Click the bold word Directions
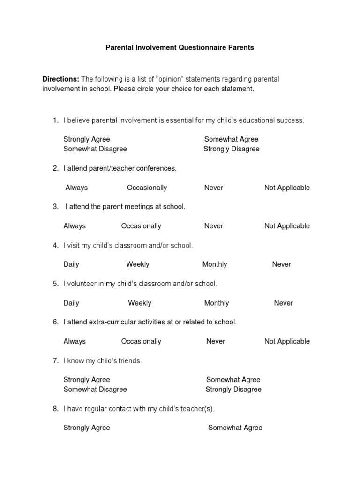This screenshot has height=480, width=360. [60, 79]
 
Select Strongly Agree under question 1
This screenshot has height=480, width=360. [87, 139]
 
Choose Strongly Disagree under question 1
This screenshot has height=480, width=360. [231, 149]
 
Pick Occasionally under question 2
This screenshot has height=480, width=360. [147, 187]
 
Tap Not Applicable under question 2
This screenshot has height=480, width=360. [287, 187]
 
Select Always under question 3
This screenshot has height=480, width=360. [75, 226]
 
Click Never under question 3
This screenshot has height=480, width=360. [213, 226]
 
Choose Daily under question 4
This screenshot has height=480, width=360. [71, 264]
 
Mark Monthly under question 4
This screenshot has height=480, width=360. [215, 264]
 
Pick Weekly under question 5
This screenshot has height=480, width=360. [140, 303]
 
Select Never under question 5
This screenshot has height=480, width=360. [283, 303]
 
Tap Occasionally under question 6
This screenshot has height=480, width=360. [141, 341]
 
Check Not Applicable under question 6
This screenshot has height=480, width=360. [287, 341]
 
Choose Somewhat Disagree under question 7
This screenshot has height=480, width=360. [95, 390]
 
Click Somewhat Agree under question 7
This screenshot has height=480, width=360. [233, 380]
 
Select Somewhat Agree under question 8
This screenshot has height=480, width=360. [235, 427]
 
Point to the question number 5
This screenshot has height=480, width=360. [55, 284]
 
